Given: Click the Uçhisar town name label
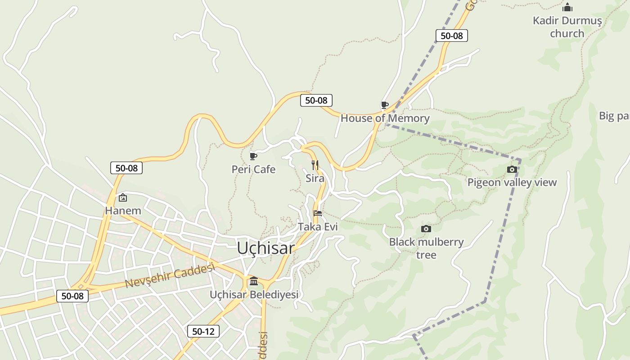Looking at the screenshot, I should (265, 248).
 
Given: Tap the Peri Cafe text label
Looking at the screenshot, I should (253, 170).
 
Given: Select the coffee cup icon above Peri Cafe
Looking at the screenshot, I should (253, 156).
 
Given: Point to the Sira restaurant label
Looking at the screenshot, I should (315, 178).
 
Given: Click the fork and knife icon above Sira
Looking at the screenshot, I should (315, 165).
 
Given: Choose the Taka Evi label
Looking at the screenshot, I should (318, 227).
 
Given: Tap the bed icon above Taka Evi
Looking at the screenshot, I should (318, 213).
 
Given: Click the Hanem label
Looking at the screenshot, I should (123, 211).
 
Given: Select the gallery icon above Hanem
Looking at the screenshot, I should (122, 198).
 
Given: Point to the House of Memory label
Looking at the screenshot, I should (385, 118).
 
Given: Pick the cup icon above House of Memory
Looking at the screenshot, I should (384, 105).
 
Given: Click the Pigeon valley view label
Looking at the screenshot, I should (512, 183).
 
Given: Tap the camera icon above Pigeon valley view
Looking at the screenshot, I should (512, 170).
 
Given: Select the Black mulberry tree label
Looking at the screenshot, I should (426, 248).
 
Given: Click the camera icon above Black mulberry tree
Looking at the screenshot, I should (426, 229).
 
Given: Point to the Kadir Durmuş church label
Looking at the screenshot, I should (567, 27).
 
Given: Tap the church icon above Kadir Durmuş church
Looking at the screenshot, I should (567, 8).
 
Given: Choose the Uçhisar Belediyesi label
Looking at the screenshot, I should (254, 295).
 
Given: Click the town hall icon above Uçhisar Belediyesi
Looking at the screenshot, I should (254, 281).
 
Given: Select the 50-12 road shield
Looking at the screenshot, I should (203, 332).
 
